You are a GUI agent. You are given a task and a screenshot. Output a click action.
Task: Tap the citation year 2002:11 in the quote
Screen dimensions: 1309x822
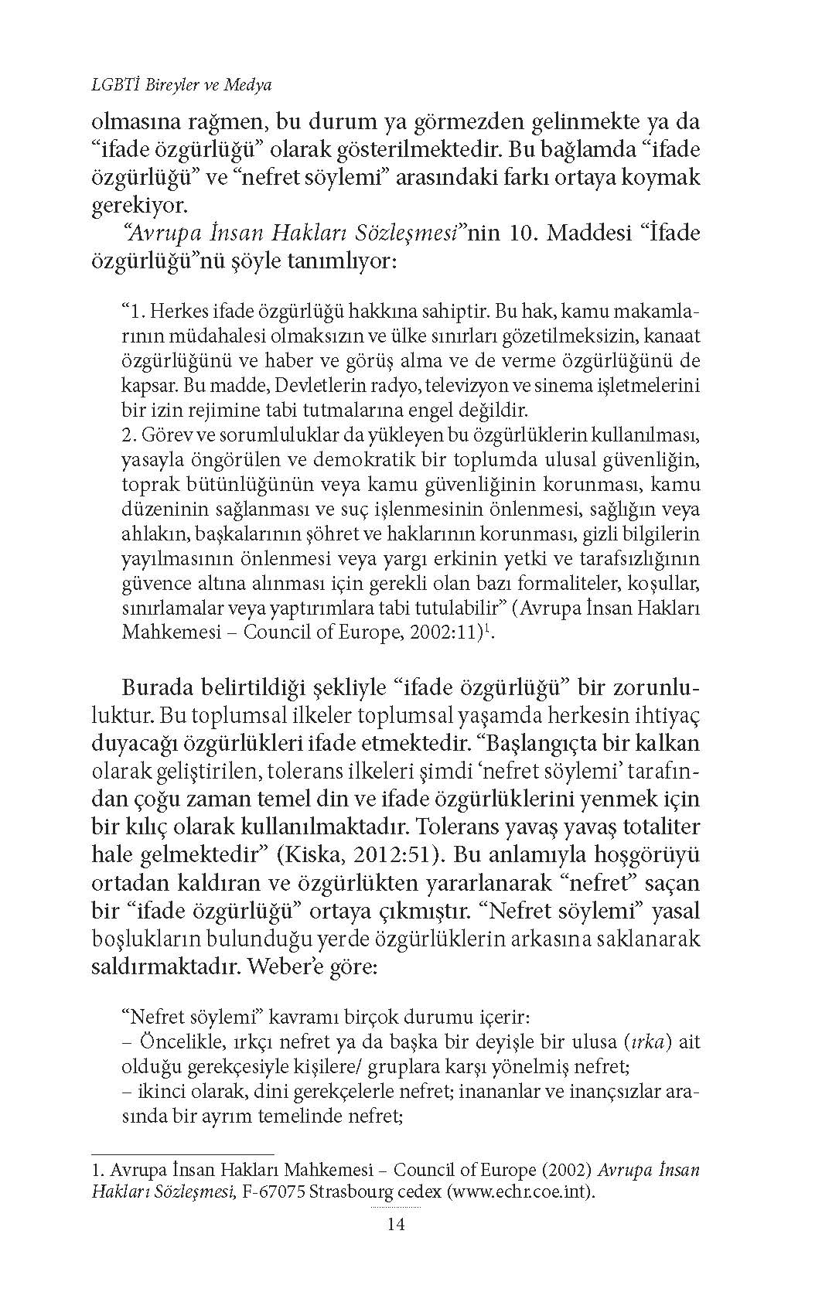[x=439, y=632]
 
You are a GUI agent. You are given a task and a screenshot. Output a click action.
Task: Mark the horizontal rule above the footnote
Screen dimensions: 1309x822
[x=182, y=1154]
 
